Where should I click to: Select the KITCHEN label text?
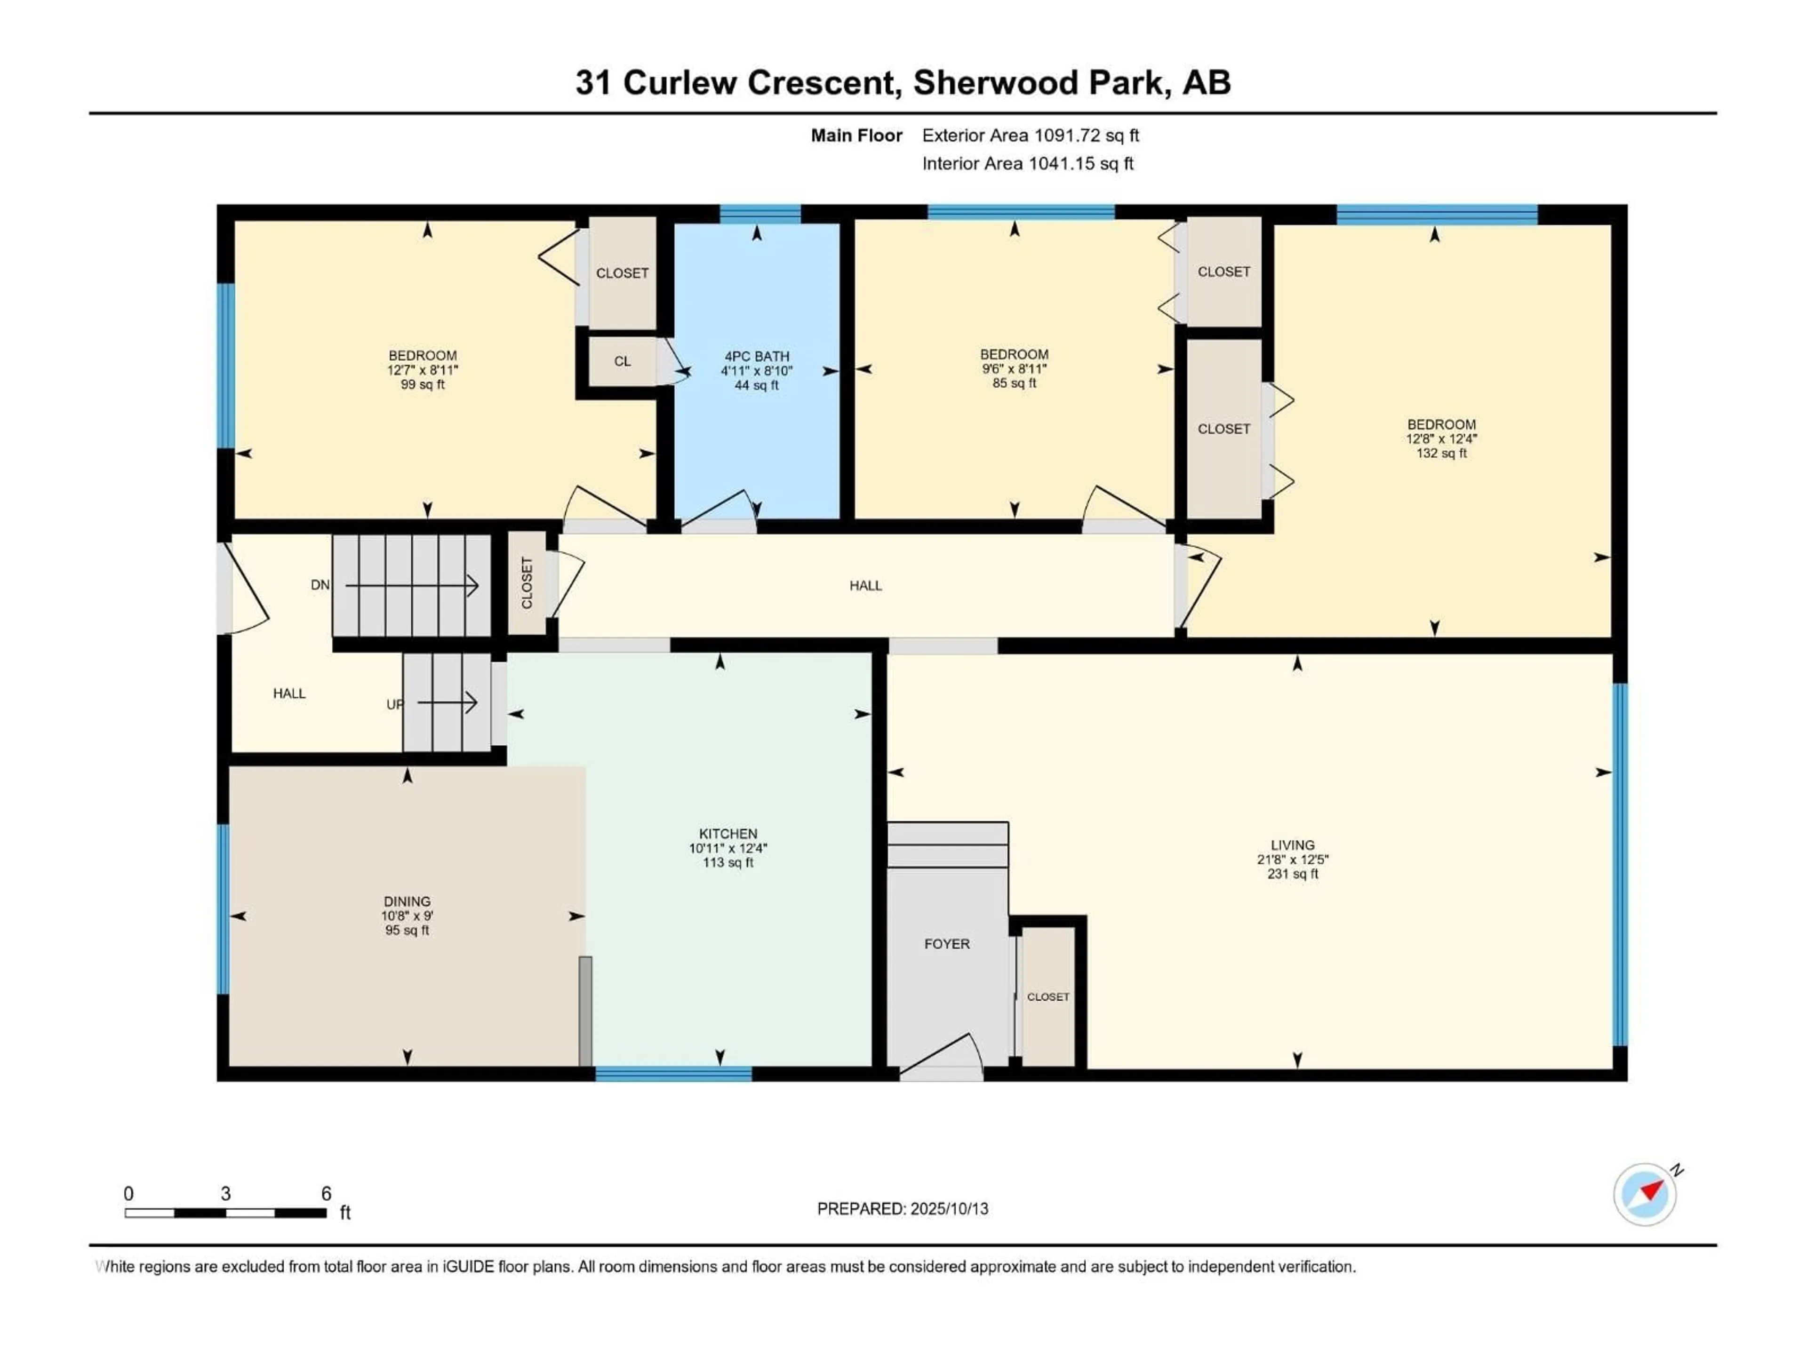click(x=728, y=834)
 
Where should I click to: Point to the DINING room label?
click(x=407, y=902)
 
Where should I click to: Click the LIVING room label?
click(x=1292, y=845)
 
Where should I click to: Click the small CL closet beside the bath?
click(x=623, y=361)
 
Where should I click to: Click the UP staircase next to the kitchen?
click(x=447, y=702)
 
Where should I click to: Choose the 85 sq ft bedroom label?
click(x=1014, y=368)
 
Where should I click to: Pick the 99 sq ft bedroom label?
click(x=423, y=370)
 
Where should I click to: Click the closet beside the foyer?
click(x=1048, y=996)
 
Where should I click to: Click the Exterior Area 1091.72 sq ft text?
click(x=1030, y=135)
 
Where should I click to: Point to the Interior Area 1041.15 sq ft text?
click(x=1028, y=163)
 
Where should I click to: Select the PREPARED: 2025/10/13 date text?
click(x=903, y=1209)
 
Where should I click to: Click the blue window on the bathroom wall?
click(x=760, y=214)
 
